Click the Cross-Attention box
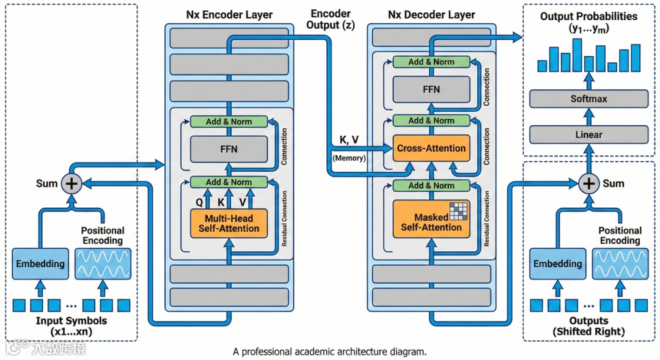click(431, 148)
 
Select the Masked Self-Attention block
click(431, 219)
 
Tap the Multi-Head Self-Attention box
click(229, 224)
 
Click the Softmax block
click(588, 99)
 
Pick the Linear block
click(588, 134)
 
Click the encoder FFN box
click(229, 149)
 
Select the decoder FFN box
click(431, 89)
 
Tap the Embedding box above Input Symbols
click(40, 263)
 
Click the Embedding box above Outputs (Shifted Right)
click(558, 263)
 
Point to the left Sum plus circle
click(71, 183)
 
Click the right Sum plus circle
click(589, 183)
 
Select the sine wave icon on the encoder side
click(103, 263)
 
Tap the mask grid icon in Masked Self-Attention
click(459, 211)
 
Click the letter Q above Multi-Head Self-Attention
click(199, 202)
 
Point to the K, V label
click(349, 140)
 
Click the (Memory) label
click(349, 158)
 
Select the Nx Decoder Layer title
click(431, 15)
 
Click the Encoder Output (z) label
click(331, 20)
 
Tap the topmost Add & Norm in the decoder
click(431, 62)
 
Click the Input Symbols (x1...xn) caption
click(71, 326)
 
